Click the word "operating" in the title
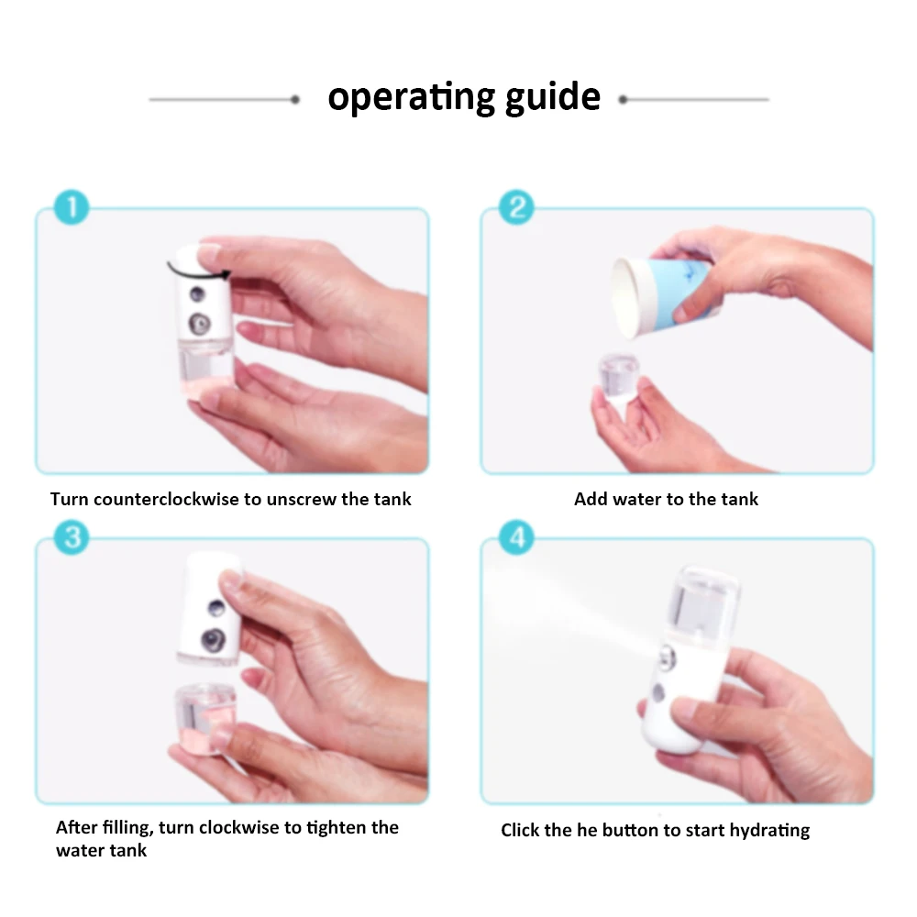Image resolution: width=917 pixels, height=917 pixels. point(411,97)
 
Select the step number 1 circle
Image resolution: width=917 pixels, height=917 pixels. point(72,207)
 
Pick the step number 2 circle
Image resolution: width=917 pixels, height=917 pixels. point(516,207)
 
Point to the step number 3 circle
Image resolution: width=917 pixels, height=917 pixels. point(72,536)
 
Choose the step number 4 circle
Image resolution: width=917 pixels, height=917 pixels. point(516,536)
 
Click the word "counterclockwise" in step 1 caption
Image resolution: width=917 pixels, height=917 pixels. point(166,499)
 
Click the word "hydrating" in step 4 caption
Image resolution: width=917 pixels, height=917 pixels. point(769,831)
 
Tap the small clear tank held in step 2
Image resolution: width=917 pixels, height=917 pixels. point(618,379)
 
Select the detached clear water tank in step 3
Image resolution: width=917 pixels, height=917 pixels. point(204,719)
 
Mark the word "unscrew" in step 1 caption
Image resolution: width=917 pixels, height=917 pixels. point(301,500)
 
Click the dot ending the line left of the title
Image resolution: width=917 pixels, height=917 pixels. point(295,100)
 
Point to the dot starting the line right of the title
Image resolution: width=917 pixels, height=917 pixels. point(623,100)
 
